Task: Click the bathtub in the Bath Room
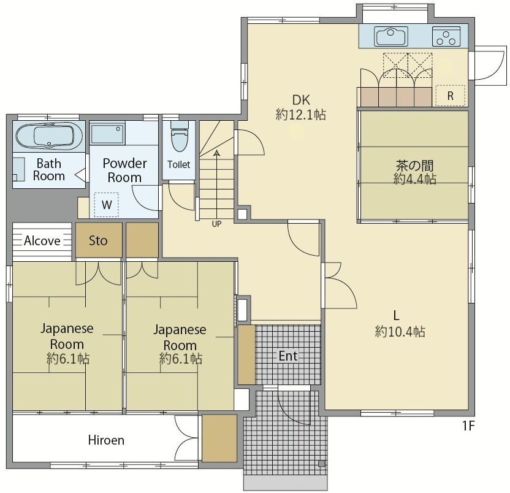tap(49, 136)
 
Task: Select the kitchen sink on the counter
tap(391, 36)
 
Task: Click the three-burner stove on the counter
tap(446, 36)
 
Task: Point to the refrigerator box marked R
tap(450, 95)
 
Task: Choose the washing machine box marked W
tap(107, 205)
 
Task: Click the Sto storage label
tap(98, 240)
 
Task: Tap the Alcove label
tap(42, 241)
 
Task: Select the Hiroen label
tap(106, 440)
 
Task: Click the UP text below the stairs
tap(216, 224)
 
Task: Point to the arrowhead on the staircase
tap(216, 153)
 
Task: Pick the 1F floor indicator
tap(468, 426)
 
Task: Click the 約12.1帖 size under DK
tap(301, 115)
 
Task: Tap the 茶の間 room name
tap(414, 166)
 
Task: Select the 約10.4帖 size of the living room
tap(400, 332)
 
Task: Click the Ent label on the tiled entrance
tap(288, 356)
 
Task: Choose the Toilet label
tap(178, 164)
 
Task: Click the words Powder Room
tap(124, 170)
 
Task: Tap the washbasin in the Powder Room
tap(107, 134)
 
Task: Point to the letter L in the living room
tap(396, 315)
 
